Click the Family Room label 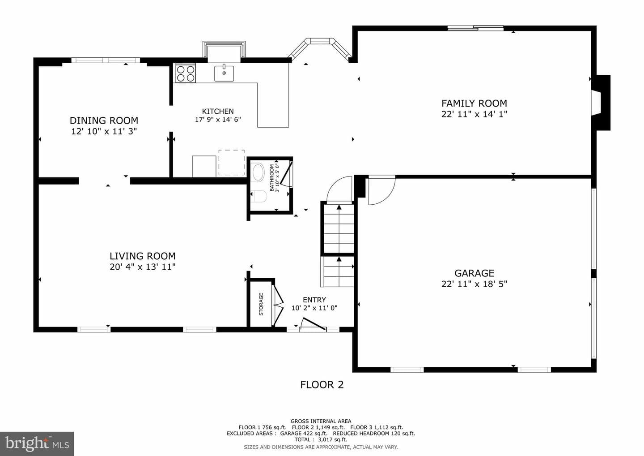pyautogui.click(x=474, y=103)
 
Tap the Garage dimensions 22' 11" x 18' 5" pyautogui.click(x=474, y=284)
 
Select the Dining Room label pyautogui.click(x=104, y=120)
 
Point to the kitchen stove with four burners pyautogui.click(x=186, y=73)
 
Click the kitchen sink pyautogui.click(x=224, y=73)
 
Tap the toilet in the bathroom pyautogui.click(x=259, y=196)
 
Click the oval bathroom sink pyautogui.click(x=257, y=172)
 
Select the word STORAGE pyautogui.click(x=261, y=304)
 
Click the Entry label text pyautogui.click(x=314, y=300)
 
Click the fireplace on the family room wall pyautogui.click(x=601, y=103)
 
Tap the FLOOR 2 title pyautogui.click(x=322, y=385)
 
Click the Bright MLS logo pyautogui.click(x=37, y=443)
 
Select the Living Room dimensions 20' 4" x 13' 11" pyautogui.click(x=142, y=267)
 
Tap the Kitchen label pyautogui.click(x=218, y=111)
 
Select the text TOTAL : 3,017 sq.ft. pyautogui.click(x=321, y=439)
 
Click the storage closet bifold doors pyautogui.click(x=278, y=305)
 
